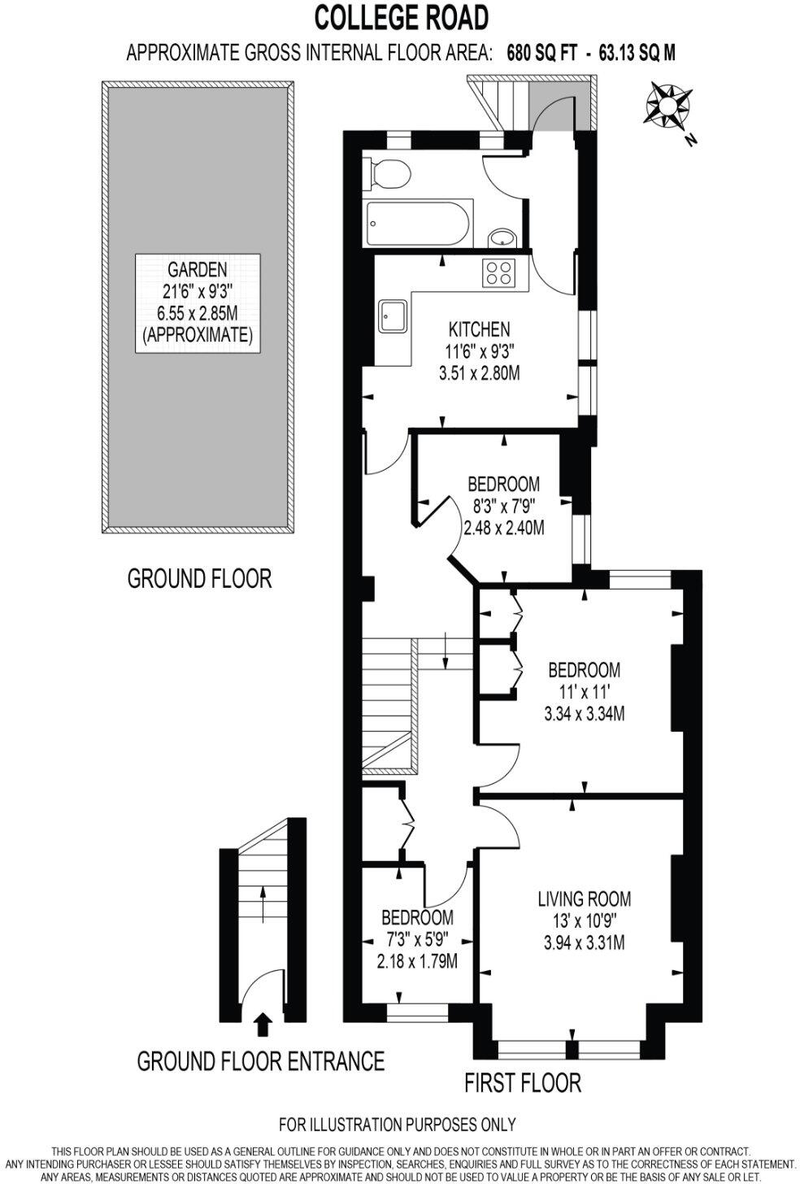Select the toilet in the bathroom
pyautogui.click(x=388, y=172)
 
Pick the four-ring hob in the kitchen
pyautogui.click(x=498, y=272)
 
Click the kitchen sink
pyautogui.click(x=393, y=315)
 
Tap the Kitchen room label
pyautogui.click(x=479, y=329)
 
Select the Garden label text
pyautogui.click(x=197, y=269)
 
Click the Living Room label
pyautogui.click(x=584, y=899)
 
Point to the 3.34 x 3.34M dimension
pyautogui.click(x=584, y=714)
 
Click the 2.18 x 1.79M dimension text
pyautogui.click(x=416, y=961)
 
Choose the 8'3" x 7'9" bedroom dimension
pyautogui.click(x=503, y=504)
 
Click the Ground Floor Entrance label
pyautogui.click(x=260, y=1061)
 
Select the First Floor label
pyautogui.click(x=523, y=1082)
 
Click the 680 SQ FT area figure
pyautogui.click(x=541, y=53)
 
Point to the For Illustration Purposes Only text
pyautogui.click(x=397, y=1125)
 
